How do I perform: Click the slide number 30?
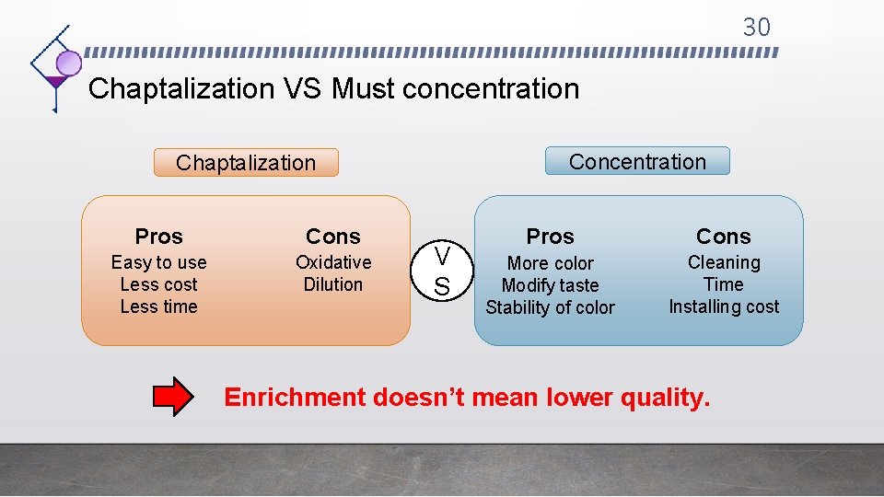[x=756, y=28]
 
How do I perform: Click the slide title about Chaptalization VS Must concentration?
[x=333, y=89]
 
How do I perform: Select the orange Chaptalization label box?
[x=246, y=163]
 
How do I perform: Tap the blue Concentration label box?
[x=637, y=162]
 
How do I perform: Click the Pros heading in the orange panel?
[x=158, y=237]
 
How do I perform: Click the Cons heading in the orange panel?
[x=332, y=237]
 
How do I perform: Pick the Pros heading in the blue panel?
[x=550, y=237]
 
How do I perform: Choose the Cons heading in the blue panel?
[x=723, y=237]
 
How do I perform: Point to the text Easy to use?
[x=158, y=263]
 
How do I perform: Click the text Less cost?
[x=158, y=285]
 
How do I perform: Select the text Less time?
[x=158, y=306]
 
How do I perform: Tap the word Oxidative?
[x=332, y=263]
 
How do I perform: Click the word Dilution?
[x=332, y=285]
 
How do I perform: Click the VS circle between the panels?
[x=442, y=271]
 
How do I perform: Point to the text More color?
[x=550, y=264]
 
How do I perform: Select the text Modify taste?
[x=550, y=286]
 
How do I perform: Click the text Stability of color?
[x=550, y=307]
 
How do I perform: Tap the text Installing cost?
[x=723, y=306]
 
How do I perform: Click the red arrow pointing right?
[x=172, y=398]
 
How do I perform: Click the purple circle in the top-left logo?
[x=69, y=63]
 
